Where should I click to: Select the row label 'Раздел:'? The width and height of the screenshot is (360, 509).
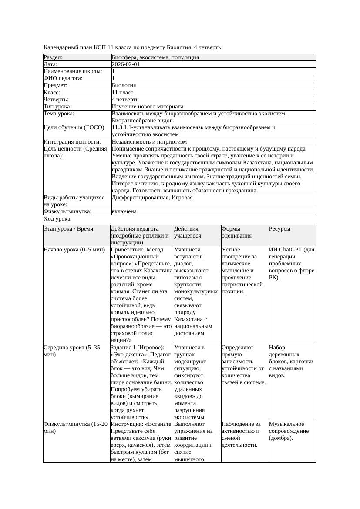coord(53,57)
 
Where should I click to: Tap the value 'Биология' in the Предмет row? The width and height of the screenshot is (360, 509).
coord(124,85)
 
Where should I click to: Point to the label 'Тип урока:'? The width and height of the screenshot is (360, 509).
coord(57,106)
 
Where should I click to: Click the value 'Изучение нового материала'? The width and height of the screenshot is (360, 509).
coord(147,106)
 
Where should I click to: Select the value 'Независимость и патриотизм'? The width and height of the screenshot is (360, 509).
coord(149,141)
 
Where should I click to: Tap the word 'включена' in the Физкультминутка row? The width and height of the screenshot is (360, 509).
coord(124,211)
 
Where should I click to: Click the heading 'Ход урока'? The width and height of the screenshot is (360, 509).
coord(57,219)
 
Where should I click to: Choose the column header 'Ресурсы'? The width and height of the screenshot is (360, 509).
coord(279,228)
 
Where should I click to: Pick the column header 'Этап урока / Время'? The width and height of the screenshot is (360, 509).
coord(68,228)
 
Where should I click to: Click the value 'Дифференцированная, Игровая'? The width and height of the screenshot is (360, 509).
coord(152,198)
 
